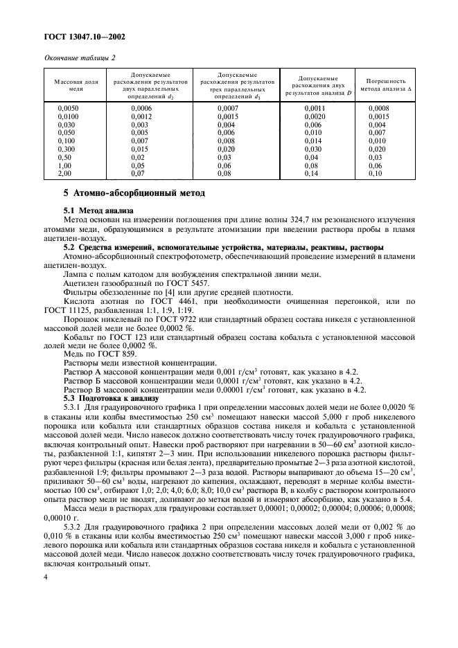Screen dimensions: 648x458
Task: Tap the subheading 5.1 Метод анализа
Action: click(97, 210)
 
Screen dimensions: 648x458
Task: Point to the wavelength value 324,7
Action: click(261, 218)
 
